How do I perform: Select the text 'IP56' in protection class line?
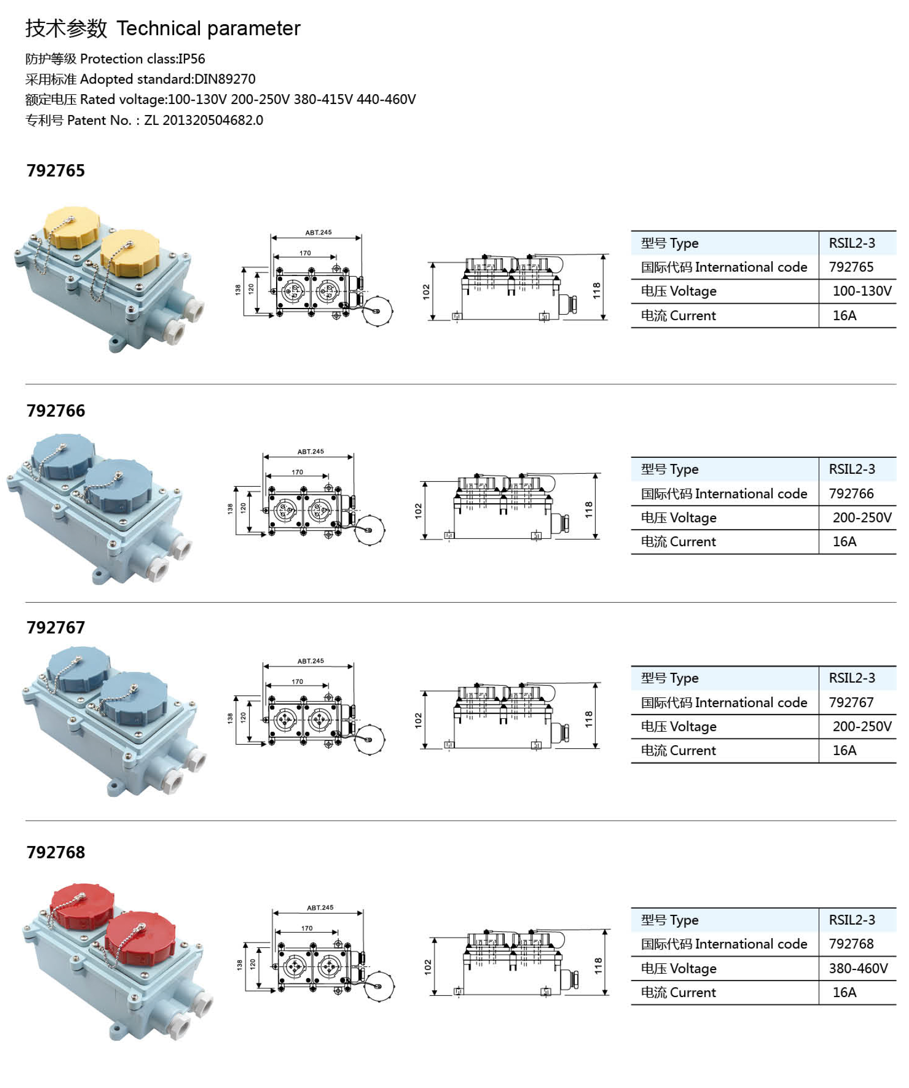pos(191,59)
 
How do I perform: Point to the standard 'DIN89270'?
pos(224,79)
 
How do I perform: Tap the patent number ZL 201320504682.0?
pos(203,120)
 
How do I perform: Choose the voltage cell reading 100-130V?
pos(861,291)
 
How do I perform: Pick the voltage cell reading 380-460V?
pos(858,968)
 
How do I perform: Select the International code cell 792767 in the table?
pos(851,703)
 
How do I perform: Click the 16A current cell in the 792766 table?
pos(844,541)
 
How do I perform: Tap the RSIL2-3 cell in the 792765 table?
pos(852,243)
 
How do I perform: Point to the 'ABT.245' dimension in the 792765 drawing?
pos(318,233)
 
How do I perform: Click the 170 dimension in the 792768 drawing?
pos(307,928)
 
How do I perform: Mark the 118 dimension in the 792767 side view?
pos(589,719)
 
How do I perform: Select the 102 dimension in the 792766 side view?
pos(418,511)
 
